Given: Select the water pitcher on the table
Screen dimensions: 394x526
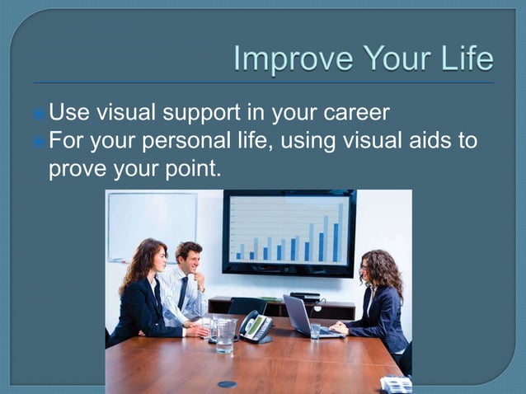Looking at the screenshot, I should point(224,335).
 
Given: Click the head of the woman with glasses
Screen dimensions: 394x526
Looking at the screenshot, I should point(377,269).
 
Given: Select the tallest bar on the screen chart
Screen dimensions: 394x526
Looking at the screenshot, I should point(340,231).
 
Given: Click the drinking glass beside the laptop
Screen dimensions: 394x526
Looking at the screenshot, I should point(315,330).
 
